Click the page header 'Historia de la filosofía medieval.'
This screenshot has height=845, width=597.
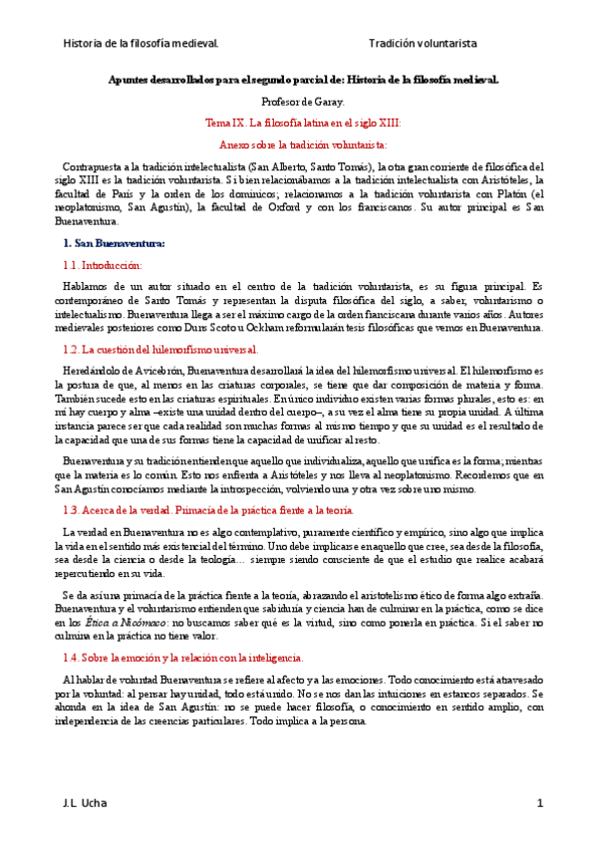(141, 44)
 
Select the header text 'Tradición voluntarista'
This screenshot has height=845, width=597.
(423, 44)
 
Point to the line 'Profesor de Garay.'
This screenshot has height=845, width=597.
(302, 101)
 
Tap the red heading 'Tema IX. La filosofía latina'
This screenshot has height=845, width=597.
(302, 123)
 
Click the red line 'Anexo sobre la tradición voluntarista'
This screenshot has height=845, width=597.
(302, 144)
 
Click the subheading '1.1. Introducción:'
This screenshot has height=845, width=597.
(102, 265)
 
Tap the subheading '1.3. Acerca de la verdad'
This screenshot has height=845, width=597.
(207, 509)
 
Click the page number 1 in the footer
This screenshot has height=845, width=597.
(539, 803)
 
